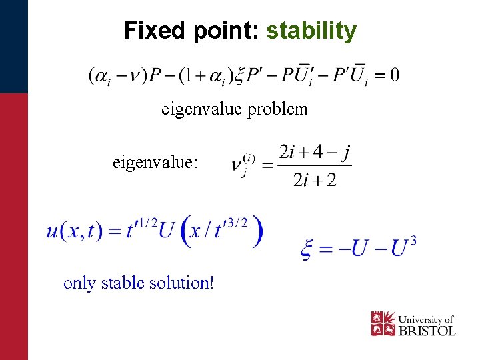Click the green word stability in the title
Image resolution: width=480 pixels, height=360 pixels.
[311, 31]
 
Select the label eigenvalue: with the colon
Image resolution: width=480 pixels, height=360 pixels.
[155, 161]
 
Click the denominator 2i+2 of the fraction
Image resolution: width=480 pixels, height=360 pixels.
[315, 180]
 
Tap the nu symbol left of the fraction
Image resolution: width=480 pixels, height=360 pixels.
[237, 165]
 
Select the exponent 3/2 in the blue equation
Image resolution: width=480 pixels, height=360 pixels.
[237, 220]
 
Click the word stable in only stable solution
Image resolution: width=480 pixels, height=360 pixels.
[123, 283]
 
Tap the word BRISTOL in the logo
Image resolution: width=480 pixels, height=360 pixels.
[427, 330]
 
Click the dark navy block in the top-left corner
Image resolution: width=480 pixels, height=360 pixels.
[14, 46]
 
